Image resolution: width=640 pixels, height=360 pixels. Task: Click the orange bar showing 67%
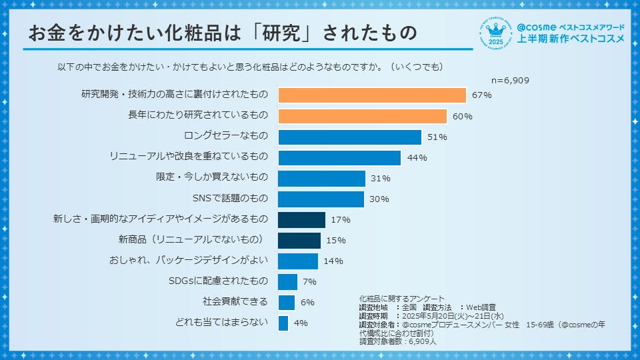371,95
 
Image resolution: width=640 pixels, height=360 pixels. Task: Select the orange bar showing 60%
362,116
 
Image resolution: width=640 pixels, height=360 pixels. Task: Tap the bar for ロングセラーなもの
349,137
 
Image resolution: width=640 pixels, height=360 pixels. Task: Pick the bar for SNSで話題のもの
321,199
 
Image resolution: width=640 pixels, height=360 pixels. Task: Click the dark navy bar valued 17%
301,219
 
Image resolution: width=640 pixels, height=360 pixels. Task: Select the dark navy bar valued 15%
299,240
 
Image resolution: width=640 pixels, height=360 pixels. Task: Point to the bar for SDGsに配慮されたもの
287,281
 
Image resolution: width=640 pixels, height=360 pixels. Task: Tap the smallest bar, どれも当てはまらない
283,323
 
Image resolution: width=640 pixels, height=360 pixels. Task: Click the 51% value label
437,137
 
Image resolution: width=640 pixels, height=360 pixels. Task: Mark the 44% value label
417,158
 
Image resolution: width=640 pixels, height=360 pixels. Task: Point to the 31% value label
381,179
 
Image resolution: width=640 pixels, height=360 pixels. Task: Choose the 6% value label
307,303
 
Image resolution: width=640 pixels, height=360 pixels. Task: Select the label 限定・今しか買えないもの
211,178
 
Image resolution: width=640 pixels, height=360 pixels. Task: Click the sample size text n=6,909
510,80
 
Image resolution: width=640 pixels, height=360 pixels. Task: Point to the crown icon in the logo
496,29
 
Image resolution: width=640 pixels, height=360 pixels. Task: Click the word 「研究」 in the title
275,34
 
